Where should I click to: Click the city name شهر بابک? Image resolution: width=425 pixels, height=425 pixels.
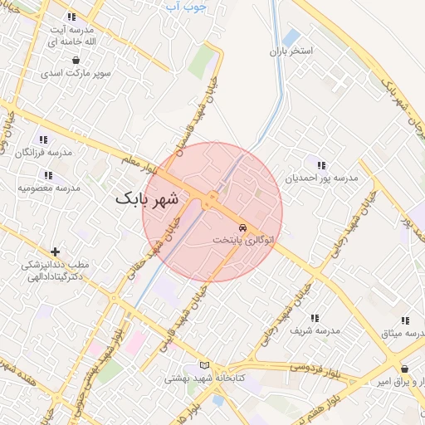(x=148, y=199)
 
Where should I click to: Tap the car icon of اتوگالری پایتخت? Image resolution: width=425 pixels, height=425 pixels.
(x=242, y=227)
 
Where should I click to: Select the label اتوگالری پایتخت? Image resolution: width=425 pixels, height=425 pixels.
(x=242, y=239)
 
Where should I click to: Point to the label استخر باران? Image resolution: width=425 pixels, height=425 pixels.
(x=290, y=51)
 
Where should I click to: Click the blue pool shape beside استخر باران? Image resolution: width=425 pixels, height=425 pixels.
(x=291, y=37)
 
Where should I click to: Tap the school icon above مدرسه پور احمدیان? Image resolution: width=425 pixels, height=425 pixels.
(x=321, y=166)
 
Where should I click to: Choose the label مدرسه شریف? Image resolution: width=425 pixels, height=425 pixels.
(x=315, y=330)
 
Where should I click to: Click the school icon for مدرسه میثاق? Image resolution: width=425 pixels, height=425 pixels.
(x=405, y=320)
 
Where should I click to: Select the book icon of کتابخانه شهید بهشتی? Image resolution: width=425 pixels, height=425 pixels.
(x=205, y=365)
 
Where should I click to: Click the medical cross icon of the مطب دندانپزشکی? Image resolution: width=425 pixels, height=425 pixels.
(x=56, y=252)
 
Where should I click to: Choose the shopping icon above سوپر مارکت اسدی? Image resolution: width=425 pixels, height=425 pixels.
(x=76, y=61)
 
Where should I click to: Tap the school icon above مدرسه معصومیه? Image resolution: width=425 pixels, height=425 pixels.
(x=48, y=175)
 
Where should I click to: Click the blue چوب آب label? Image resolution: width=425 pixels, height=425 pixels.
(x=186, y=7)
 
